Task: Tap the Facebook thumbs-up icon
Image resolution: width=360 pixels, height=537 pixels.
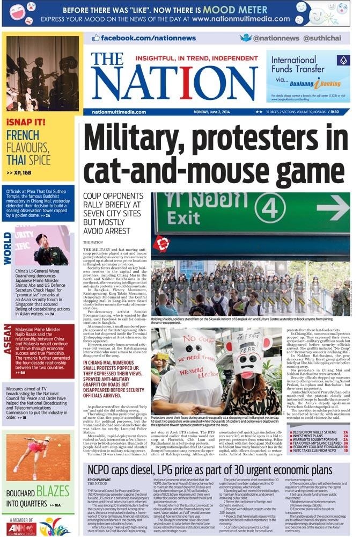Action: coord(96,38)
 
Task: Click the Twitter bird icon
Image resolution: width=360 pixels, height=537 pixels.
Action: coord(246,38)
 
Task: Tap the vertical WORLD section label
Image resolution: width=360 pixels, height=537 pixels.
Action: coord(8,248)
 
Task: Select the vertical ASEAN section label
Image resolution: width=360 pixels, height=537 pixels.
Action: coord(8,342)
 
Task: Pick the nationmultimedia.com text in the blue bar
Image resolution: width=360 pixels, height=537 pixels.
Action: coord(112,112)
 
